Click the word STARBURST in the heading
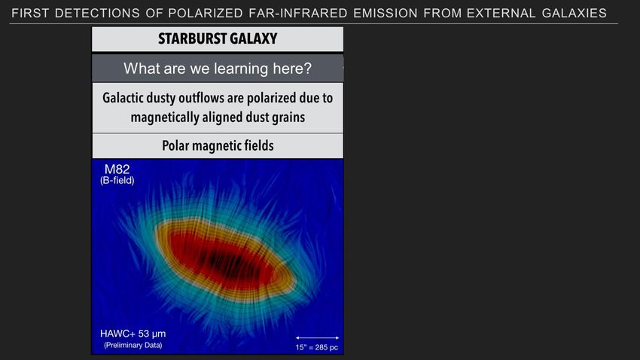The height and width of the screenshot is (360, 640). pyautogui.click(x=187, y=38)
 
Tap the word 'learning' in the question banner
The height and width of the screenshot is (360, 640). pyautogui.click(x=241, y=69)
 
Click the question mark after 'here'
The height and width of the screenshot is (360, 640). pyautogui.click(x=308, y=69)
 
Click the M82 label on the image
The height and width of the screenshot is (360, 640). pyautogui.click(x=117, y=169)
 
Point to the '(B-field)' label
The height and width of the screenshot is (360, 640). pyautogui.click(x=117, y=180)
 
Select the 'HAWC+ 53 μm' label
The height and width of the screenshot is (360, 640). pyautogui.click(x=133, y=334)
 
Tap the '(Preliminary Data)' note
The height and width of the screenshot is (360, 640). pyautogui.click(x=133, y=345)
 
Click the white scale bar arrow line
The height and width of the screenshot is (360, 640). pyautogui.click(x=317, y=338)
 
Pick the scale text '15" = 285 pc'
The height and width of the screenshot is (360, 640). pyautogui.click(x=317, y=348)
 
